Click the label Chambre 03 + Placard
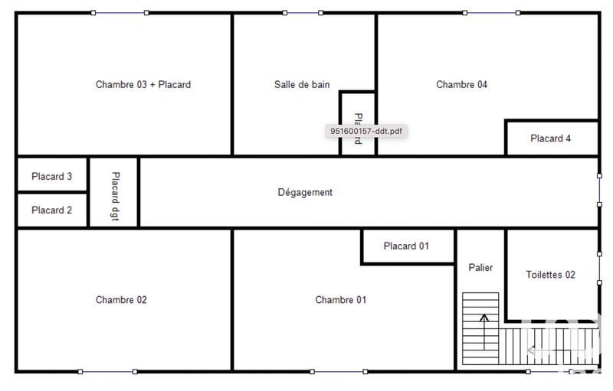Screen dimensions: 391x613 tap(143, 85)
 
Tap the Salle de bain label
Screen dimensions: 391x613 tap(302, 85)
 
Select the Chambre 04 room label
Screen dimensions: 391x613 tap(461, 85)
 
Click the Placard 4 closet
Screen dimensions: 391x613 tap(551, 139)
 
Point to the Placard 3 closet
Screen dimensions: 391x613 tap(52, 177)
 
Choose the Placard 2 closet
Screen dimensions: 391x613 tap(52, 210)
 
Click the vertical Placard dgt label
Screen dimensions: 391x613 tap(114, 193)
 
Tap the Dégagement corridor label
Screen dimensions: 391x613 tap(305, 193)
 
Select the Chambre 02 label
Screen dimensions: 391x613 tap(121, 300)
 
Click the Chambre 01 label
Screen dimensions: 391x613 tap(340, 300)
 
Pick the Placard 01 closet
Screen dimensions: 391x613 tap(406, 246)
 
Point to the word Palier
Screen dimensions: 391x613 tap(480, 268)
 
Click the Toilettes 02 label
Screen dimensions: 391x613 tap(550, 275)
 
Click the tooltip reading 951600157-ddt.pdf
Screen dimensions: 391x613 tap(366, 131)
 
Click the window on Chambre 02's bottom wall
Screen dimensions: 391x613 tap(107, 372)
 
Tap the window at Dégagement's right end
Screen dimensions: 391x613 tap(599, 190)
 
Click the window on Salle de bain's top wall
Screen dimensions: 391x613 tap(303, 13)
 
